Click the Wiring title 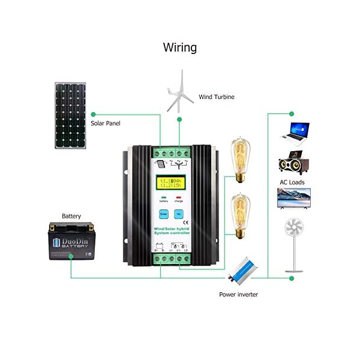point(180,47)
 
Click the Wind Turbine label point(217,97)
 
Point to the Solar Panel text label point(106,123)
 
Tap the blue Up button point(178,214)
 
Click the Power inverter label point(239,295)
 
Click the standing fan point(293,240)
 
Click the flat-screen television point(293,198)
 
